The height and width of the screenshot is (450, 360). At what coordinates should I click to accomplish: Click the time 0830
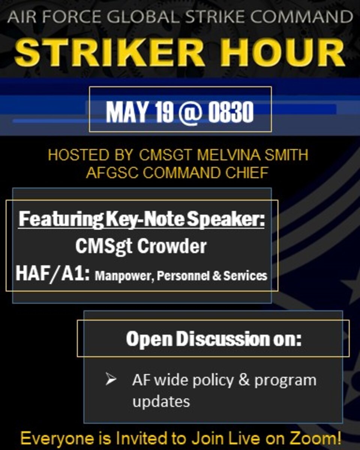pos(231,111)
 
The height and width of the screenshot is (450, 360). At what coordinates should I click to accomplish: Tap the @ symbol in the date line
pos(190,111)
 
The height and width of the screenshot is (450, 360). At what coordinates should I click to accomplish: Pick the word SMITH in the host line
pos(285,155)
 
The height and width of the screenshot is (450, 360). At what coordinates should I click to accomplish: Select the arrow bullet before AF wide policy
pos(110,380)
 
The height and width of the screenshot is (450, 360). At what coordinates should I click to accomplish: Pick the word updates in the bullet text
pos(161,401)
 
